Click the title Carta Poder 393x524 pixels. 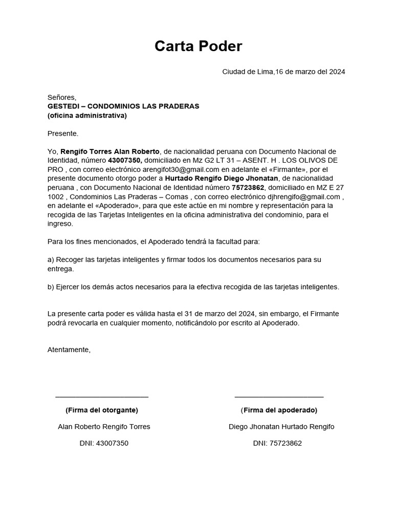click(198, 47)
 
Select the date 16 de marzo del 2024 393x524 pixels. click(310, 72)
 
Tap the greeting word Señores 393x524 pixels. click(61, 97)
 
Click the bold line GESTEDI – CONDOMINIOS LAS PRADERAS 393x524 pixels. click(123, 106)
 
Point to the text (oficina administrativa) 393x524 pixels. click(87, 116)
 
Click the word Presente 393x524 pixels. click(63, 134)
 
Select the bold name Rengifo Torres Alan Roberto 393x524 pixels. click(110, 151)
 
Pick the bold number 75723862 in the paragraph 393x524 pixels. click(249, 188)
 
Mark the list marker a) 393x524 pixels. click(51, 260)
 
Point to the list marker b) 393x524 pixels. click(51, 287)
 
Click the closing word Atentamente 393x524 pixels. click(69, 350)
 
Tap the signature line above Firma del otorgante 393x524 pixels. click(102, 397)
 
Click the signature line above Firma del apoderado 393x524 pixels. click(279, 397)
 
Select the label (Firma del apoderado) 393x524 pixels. click(279, 410)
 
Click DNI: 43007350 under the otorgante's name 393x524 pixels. click(104, 444)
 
